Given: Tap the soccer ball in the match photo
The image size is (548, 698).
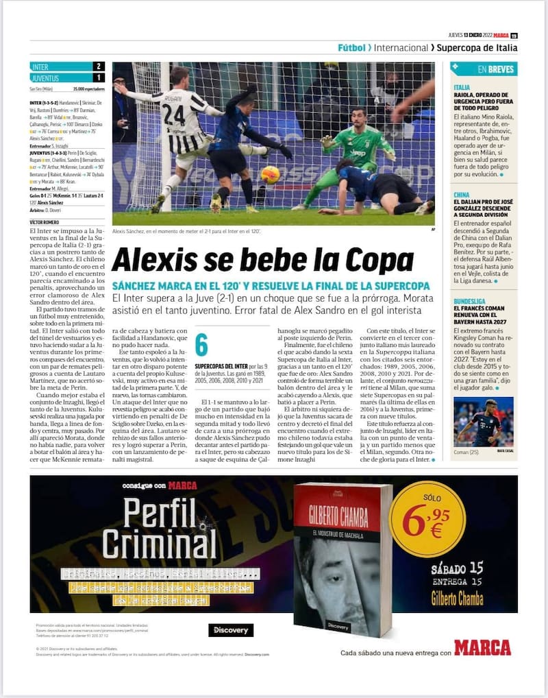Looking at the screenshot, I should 270,174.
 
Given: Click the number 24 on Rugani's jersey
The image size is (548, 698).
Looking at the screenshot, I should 174,115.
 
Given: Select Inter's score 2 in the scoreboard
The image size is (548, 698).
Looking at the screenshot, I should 99,67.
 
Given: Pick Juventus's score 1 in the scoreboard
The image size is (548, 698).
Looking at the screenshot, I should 99,78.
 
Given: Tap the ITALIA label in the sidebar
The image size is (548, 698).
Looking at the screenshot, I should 462,88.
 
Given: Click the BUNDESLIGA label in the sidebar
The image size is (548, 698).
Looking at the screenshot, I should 470,300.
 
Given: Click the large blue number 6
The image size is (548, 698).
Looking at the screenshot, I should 201,345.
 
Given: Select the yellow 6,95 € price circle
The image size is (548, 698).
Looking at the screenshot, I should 427,520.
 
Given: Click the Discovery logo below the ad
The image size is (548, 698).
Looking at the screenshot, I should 230,629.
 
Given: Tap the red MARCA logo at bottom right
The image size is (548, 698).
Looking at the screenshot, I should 482,647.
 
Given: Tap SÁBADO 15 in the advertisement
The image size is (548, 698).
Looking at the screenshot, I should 457,568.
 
